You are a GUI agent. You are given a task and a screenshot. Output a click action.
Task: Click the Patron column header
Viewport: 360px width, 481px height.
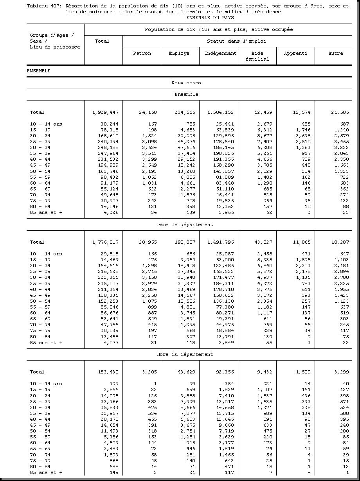tap(142, 53)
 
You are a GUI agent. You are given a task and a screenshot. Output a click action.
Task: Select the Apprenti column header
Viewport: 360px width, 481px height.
tap(295, 53)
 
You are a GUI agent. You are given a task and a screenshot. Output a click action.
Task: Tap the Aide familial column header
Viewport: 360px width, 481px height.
tap(257, 56)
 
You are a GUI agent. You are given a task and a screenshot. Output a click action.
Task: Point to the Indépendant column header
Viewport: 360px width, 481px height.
tap(220, 53)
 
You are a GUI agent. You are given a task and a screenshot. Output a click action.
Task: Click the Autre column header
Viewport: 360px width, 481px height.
tap(335, 53)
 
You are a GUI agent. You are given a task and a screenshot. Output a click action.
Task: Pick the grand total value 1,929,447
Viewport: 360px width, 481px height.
tap(105, 112)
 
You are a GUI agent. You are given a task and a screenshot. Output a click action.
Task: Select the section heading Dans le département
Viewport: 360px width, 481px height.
tap(185, 224)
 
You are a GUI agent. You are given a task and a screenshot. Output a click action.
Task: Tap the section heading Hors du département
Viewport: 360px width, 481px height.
tap(185, 354)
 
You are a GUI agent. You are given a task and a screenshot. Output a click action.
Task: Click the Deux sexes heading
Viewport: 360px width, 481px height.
tap(186, 83)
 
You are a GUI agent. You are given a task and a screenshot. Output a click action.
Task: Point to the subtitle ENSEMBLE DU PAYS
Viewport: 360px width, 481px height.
tap(210, 18)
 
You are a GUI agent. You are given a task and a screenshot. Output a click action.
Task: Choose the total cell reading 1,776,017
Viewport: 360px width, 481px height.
tap(105, 242)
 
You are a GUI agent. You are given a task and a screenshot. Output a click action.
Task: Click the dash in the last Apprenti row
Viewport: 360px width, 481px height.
tap(309, 472)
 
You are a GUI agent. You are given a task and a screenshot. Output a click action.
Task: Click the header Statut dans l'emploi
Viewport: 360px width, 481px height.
tap(237, 41)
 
